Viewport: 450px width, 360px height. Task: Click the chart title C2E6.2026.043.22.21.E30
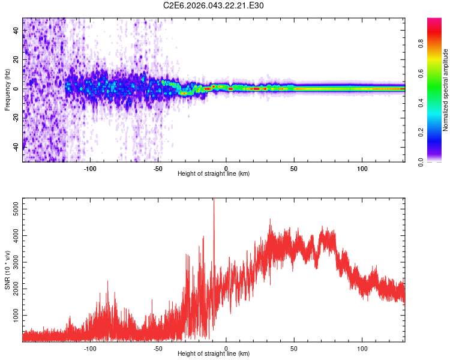(214, 5)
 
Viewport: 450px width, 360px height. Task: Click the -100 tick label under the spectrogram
(90, 169)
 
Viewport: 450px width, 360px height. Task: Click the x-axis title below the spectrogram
(214, 174)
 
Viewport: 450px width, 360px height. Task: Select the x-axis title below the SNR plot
(214, 354)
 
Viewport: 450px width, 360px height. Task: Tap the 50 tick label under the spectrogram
(294, 169)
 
